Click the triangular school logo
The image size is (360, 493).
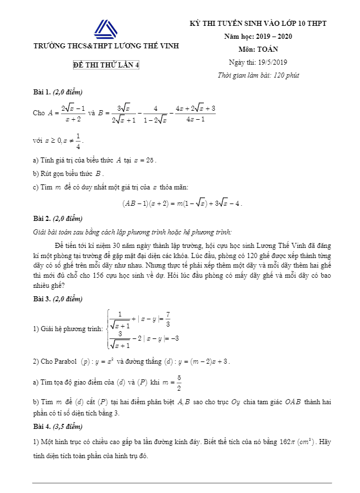(106, 30)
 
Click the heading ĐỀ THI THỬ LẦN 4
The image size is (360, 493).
(106, 65)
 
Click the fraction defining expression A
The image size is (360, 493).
(73, 112)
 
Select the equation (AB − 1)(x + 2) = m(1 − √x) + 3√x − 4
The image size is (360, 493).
(182, 203)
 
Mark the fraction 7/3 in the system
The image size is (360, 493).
(168, 319)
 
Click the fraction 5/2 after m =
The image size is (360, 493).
(178, 382)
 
